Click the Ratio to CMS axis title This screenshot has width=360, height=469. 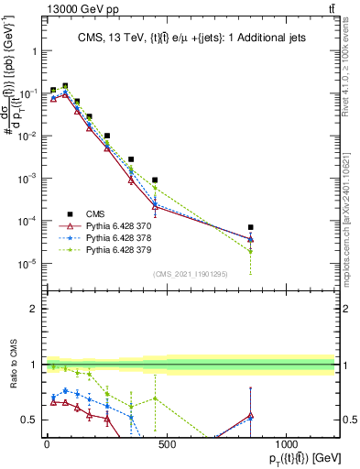coord(13,376)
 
